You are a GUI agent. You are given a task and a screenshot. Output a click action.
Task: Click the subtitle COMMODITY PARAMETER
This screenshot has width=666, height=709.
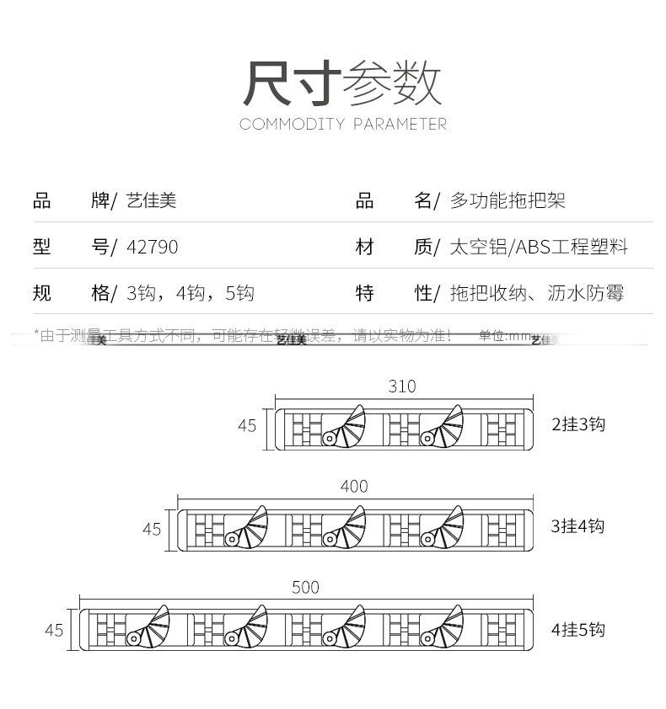click(x=342, y=125)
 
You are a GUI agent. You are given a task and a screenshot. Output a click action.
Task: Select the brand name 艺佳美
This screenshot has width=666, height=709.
click(x=151, y=200)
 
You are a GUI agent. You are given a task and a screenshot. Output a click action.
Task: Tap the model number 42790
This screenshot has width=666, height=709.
click(x=152, y=247)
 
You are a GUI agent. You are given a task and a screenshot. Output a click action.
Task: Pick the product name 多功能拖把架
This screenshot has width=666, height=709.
click(x=508, y=200)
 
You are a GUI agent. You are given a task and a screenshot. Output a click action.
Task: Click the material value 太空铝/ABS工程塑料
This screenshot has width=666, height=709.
click(x=539, y=247)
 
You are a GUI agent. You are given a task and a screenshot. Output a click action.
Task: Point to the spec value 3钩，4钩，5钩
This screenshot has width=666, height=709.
click(x=190, y=293)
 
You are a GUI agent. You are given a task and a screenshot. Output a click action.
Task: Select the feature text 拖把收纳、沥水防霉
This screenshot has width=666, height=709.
click(x=537, y=293)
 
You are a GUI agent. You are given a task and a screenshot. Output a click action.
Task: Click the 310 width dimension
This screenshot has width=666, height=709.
click(x=402, y=386)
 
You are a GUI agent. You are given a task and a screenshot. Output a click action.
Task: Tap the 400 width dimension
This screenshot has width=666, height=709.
click(x=354, y=486)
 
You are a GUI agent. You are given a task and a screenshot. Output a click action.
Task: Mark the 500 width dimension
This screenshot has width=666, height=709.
click(x=306, y=587)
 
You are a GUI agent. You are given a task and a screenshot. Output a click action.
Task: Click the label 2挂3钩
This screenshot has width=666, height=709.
click(x=577, y=424)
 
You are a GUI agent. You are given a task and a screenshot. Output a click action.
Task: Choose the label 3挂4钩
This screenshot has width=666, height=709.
click(x=577, y=526)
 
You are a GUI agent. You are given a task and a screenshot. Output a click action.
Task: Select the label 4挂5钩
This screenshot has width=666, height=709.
click(x=577, y=629)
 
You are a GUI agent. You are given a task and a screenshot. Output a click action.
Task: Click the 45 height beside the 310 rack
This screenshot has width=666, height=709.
click(x=246, y=426)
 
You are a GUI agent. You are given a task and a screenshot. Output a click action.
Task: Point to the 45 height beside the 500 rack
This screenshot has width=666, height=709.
click(x=54, y=630)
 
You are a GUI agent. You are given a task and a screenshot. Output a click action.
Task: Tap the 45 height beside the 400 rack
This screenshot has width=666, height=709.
click(x=151, y=529)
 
